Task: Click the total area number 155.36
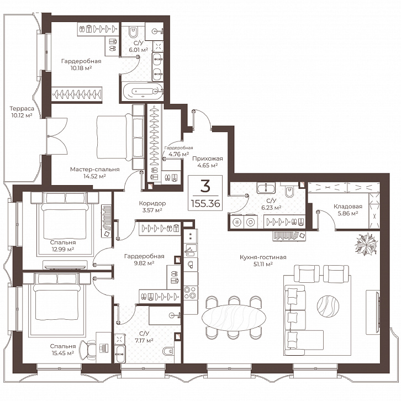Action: click(x=205, y=204)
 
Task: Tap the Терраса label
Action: click(x=22, y=108)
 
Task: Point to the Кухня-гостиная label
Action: click(x=263, y=257)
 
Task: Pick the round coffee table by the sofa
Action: click(x=328, y=306)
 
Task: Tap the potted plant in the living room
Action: click(x=366, y=244)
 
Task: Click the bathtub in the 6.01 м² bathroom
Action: click(x=143, y=91)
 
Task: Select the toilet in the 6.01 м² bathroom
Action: click(x=133, y=31)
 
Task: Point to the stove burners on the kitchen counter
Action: click(x=190, y=293)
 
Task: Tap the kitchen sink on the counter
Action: click(x=190, y=250)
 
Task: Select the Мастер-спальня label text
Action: click(x=95, y=170)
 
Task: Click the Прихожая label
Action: click(x=208, y=159)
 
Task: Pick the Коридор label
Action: click(x=152, y=203)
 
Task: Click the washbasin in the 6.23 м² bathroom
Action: click(x=266, y=188)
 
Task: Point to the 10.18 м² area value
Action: click(x=81, y=68)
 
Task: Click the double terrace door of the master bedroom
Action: click(x=57, y=136)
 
